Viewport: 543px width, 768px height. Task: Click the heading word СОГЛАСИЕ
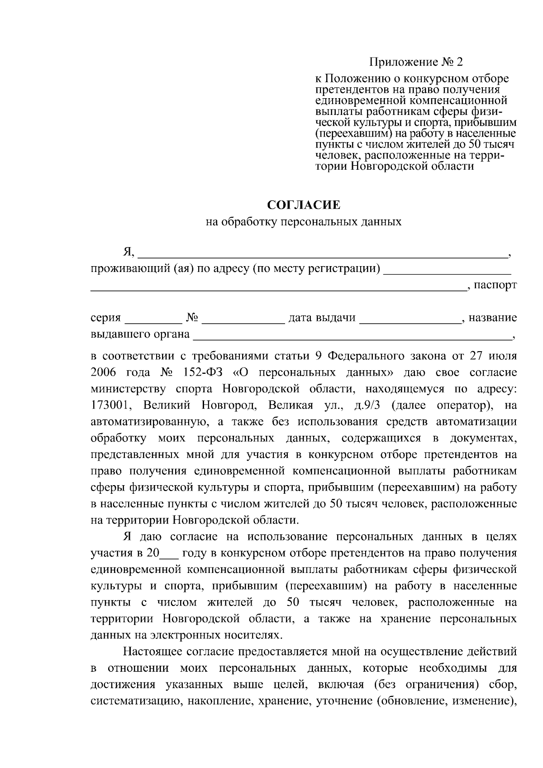[304, 205]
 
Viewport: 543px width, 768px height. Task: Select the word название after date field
[493, 318]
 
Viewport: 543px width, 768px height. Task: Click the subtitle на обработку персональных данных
[304, 222]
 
